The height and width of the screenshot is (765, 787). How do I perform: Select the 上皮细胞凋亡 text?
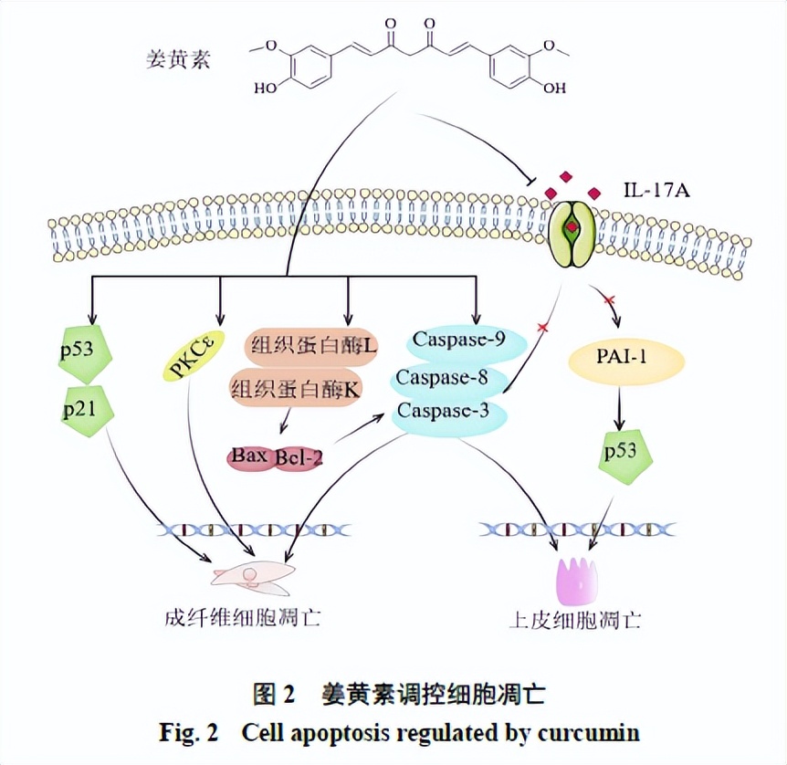(x=574, y=621)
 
